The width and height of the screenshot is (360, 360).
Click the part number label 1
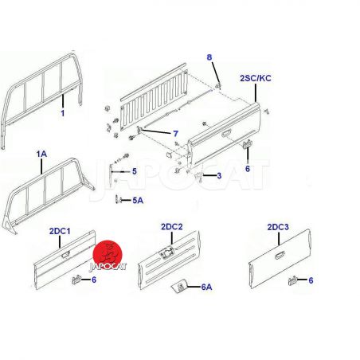coord(62,113)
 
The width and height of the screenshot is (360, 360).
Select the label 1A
coord(41,154)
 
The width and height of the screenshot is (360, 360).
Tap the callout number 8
coord(209,57)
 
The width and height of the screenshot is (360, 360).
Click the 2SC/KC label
coord(256,78)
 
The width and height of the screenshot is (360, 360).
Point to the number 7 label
coord(175,134)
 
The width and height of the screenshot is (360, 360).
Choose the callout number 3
coord(219,175)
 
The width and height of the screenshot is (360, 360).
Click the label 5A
coord(138,201)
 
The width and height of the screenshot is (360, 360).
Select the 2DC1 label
coord(60,231)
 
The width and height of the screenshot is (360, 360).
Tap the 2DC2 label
coord(172,227)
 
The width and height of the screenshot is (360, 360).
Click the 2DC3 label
coord(278,227)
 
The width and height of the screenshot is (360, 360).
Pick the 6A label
coord(206,287)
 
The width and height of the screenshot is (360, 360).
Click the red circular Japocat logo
coord(108,254)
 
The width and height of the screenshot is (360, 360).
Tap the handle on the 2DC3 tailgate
coord(280,255)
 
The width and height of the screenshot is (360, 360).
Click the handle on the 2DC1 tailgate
coord(65,255)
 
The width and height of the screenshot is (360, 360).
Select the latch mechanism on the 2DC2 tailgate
coord(166,252)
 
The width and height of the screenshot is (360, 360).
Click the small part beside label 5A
coord(119,199)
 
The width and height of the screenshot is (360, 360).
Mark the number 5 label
coord(135,171)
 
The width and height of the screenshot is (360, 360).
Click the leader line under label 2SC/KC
coord(256,93)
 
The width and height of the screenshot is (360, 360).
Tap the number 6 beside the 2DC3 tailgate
coord(311,280)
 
